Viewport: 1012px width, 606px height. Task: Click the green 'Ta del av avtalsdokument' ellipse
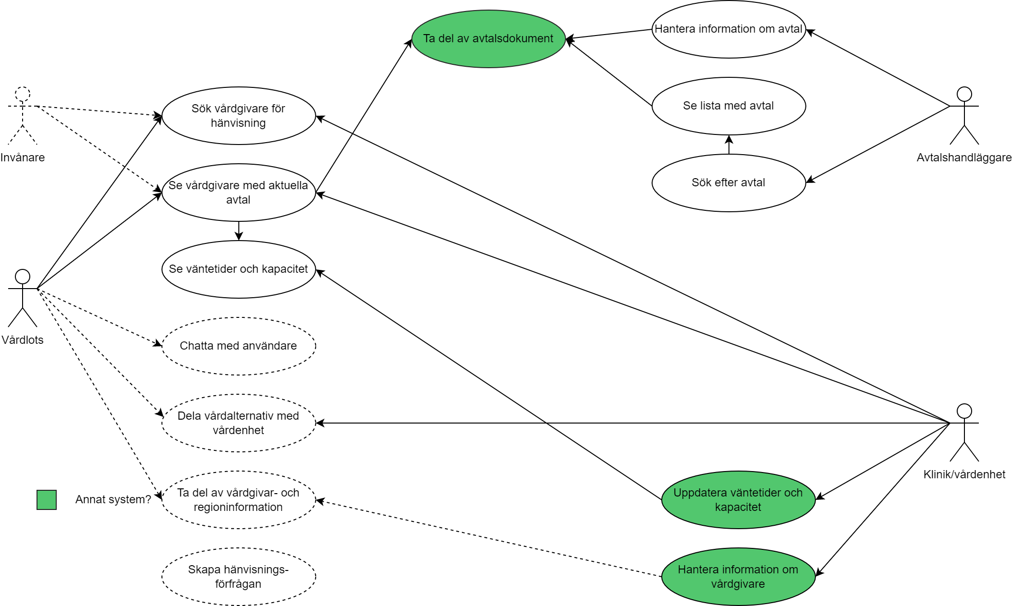(488, 39)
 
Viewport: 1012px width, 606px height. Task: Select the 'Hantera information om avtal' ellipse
(728, 29)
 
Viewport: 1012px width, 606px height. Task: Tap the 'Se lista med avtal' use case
(728, 106)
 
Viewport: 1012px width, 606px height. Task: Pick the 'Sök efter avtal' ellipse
(728, 183)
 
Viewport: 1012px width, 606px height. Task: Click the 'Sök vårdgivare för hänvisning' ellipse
(238, 116)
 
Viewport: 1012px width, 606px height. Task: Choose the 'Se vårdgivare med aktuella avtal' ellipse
(238, 193)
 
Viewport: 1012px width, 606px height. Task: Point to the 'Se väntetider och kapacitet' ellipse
(238, 269)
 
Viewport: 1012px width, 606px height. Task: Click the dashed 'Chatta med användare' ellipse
(238, 346)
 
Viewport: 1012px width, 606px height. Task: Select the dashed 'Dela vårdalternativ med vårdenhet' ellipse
(238, 423)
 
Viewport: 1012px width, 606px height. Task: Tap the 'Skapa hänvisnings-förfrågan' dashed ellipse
(238, 577)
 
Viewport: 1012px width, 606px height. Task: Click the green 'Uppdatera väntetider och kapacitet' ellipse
(738, 500)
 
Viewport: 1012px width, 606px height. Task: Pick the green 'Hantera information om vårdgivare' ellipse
(738, 577)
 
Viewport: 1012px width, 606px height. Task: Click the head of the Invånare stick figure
(23, 94)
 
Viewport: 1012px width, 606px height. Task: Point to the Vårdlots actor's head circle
(23, 277)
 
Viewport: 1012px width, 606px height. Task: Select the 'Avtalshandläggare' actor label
(964, 158)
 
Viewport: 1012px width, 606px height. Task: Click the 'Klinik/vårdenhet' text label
(964, 474)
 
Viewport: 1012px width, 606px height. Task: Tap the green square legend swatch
(47, 500)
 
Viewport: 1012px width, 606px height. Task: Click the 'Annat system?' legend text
(113, 499)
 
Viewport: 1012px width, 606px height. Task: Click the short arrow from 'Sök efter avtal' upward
(729, 145)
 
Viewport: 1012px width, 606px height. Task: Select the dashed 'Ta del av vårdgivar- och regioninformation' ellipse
(238, 500)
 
